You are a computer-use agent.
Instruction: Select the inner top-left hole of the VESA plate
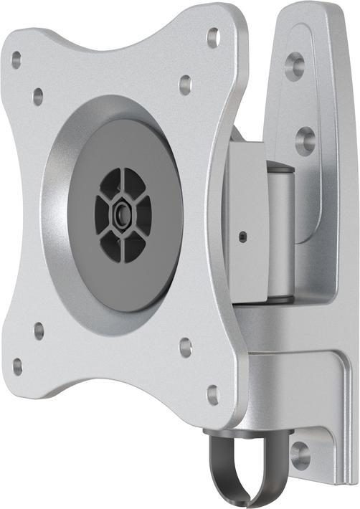38,96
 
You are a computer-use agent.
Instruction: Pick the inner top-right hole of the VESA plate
185,85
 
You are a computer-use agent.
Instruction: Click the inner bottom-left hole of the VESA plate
39,330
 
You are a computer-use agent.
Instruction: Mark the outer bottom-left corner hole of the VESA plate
17,366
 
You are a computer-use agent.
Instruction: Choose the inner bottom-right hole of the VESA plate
185,348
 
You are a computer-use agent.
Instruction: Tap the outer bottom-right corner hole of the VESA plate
213,394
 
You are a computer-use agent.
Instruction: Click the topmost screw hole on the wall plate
295,66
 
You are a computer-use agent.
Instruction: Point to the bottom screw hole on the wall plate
300,455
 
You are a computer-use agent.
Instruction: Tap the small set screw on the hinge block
243,237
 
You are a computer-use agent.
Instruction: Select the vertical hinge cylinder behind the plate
280,237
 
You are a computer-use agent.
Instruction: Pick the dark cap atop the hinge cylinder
280,168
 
